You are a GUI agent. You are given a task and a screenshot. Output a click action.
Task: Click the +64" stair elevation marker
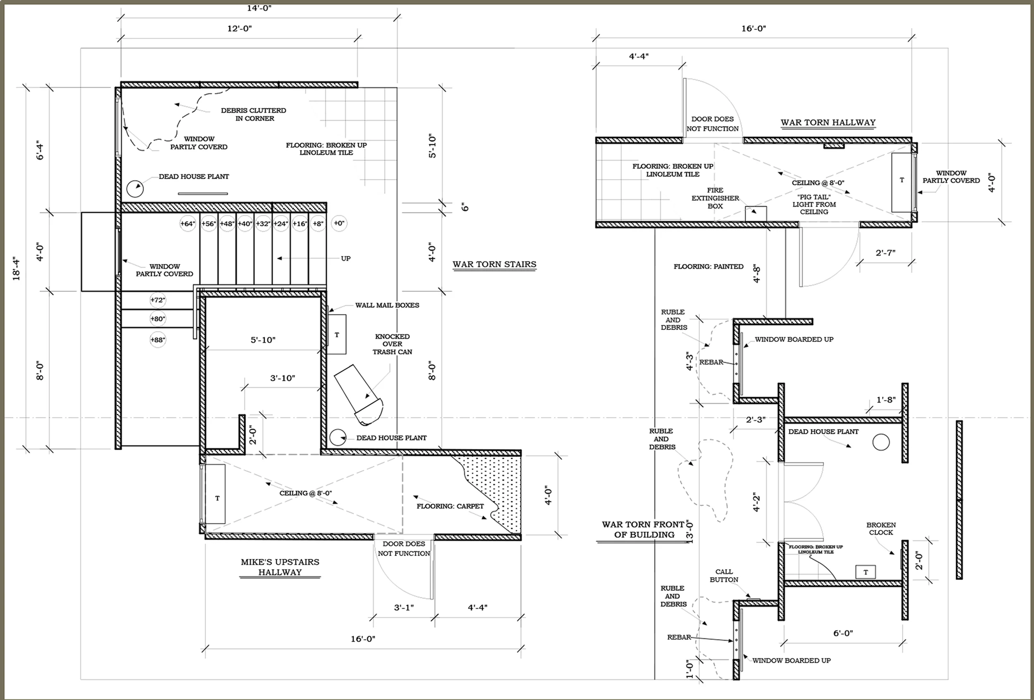[x=187, y=224]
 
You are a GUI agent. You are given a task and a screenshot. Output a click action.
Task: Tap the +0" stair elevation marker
[x=339, y=223]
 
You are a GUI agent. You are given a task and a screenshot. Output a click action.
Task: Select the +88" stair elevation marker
[x=158, y=340]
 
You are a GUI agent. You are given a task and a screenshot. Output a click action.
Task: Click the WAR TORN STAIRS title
[x=494, y=264]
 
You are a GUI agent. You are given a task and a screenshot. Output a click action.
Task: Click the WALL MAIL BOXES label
[x=387, y=305]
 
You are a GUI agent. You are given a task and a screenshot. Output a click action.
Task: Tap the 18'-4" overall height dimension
[x=17, y=268]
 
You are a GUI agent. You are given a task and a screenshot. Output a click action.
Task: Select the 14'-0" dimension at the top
[x=259, y=8]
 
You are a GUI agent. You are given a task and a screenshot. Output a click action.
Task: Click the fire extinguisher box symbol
[x=756, y=213]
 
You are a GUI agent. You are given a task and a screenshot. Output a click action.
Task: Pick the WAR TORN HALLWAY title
[x=828, y=122]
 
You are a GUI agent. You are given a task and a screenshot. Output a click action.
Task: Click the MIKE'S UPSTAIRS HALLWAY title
[x=280, y=567]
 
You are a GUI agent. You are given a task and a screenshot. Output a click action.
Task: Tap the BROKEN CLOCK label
[x=881, y=529]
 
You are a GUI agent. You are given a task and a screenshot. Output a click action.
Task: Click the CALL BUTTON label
[x=724, y=575]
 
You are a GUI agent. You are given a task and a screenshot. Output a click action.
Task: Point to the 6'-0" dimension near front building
[x=843, y=633]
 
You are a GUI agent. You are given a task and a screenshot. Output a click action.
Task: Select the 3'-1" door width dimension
[x=404, y=608]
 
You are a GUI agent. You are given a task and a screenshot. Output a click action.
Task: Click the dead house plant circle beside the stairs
[x=135, y=189]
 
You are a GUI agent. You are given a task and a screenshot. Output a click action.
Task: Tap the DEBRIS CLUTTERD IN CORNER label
[x=254, y=114]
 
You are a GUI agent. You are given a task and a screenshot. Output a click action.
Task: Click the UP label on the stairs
[x=346, y=259]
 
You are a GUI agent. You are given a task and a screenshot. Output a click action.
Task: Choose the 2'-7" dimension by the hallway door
[x=886, y=253]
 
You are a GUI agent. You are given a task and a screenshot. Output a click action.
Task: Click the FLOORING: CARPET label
[x=450, y=506]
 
